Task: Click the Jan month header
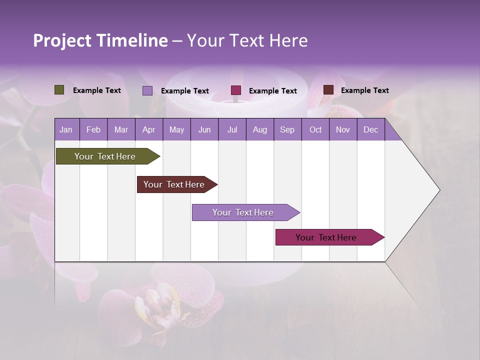coord(66,130)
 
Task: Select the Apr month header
coord(148,130)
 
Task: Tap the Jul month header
coord(232,130)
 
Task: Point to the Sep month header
coord(287,130)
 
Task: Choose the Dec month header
coord(370,130)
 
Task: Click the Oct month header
coord(315,130)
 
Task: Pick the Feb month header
coord(93,130)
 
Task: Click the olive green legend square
coord(59,90)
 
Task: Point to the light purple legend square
coord(147,90)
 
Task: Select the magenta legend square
coord(236,90)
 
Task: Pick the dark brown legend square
coord(328,90)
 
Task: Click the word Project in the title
coord(62,40)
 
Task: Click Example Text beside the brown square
coord(364,90)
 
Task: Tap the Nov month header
coord(342,130)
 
